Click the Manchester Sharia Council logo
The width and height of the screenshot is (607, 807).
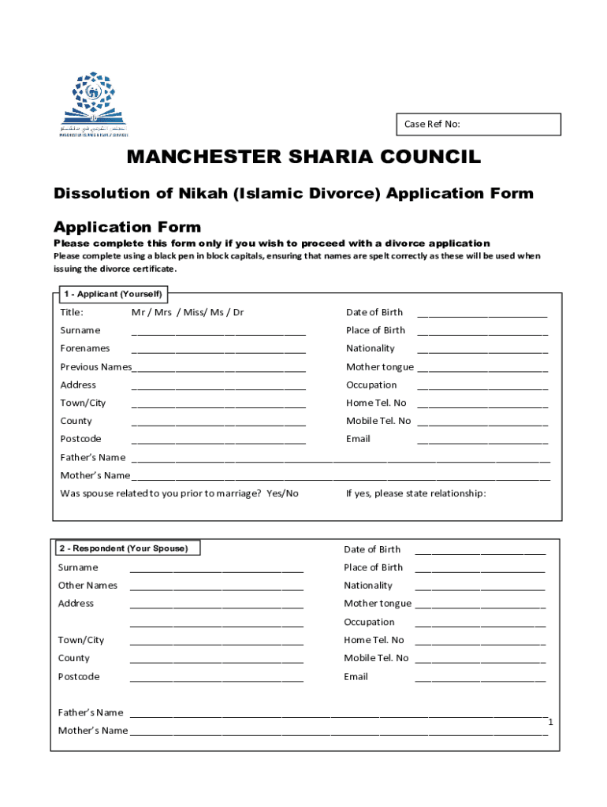[x=92, y=105]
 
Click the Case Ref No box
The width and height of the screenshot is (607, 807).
[x=479, y=125]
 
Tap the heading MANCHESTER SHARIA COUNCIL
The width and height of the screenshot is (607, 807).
[x=303, y=158]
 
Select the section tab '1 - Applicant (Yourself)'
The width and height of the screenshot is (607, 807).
[x=112, y=294]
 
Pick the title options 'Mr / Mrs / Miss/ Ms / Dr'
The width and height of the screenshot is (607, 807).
[x=188, y=312]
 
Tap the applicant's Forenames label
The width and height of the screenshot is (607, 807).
[x=85, y=348]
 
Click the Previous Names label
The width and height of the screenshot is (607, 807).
[x=95, y=366]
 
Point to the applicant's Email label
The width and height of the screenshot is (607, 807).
[x=358, y=439]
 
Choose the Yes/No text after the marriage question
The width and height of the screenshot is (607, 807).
[x=282, y=493]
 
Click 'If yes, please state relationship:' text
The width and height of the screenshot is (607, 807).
[x=415, y=493]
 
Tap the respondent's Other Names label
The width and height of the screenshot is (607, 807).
[x=88, y=586]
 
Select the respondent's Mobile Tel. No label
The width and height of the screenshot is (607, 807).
[x=376, y=658]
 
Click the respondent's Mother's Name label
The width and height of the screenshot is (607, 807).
[x=92, y=731]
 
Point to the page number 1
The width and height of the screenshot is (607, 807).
[x=551, y=723]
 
